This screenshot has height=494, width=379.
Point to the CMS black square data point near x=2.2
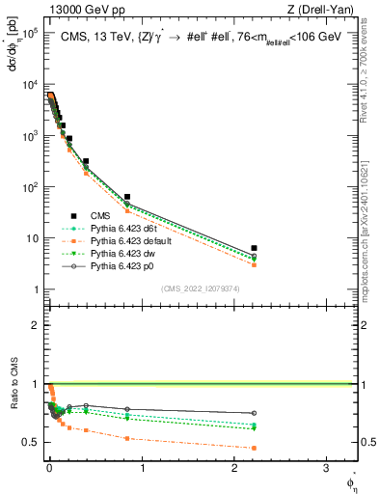tap(255, 248)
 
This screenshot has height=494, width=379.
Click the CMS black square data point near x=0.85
tap(127, 197)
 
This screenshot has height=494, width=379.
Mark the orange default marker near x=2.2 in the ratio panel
tap(255, 448)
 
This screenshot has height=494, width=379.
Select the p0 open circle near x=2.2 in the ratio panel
tap(255, 413)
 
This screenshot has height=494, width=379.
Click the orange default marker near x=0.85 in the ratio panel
tap(127, 438)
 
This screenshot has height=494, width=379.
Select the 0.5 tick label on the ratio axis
tap(29, 442)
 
